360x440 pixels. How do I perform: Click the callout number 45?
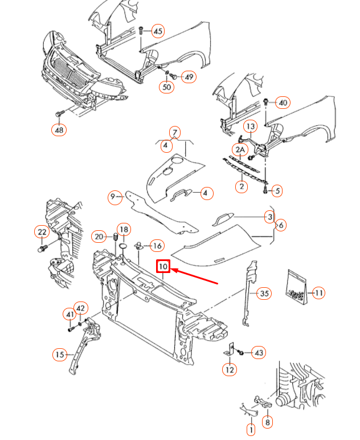(158, 31)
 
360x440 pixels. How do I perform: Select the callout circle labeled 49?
(188, 76)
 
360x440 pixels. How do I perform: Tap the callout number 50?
(166, 87)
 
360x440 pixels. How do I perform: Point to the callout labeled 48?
(59, 130)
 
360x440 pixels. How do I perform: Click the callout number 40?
(283, 103)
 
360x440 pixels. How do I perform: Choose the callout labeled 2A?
(240, 150)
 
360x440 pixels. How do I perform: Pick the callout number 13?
(251, 125)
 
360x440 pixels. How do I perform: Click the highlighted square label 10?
(163, 266)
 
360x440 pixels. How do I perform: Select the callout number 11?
(319, 293)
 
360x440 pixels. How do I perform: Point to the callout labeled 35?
(263, 294)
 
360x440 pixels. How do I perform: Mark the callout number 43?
(259, 353)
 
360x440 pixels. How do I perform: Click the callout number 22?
(42, 232)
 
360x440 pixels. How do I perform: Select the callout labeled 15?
(60, 355)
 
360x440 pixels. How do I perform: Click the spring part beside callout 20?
(116, 237)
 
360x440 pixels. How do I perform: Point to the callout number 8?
(268, 422)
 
